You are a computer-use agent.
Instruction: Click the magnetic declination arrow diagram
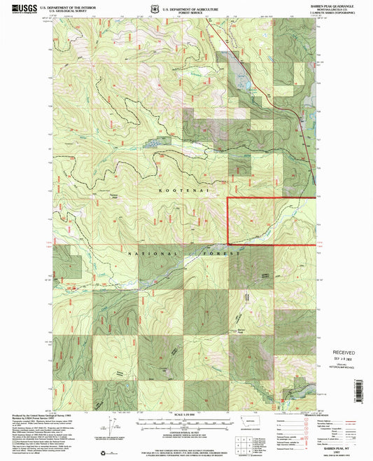(111, 425)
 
